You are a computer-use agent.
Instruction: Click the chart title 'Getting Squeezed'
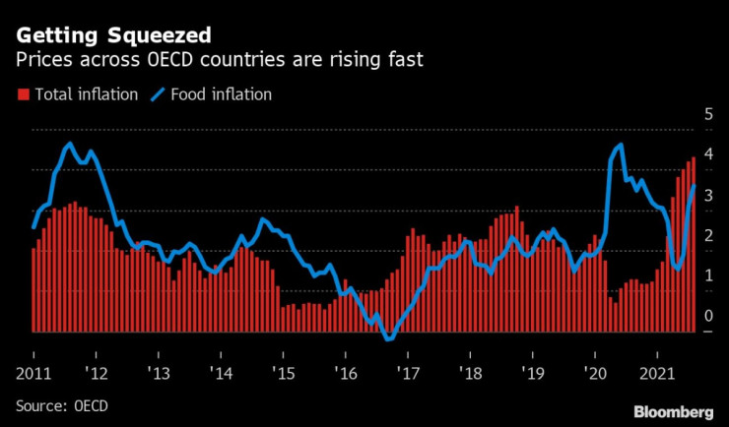pos(112,35)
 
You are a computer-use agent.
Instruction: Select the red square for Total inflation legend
pos(23,95)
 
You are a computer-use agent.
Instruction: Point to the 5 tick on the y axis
pos(707,115)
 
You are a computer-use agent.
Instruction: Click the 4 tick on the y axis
pos(707,155)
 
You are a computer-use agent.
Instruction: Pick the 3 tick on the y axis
pos(707,196)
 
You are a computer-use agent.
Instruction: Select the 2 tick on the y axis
pos(707,236)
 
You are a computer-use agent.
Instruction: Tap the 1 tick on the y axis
pos(707,276)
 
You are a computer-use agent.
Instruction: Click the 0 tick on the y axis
pos(707,317)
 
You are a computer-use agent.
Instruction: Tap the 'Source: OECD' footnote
pos(61,405)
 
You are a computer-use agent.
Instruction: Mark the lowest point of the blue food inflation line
pos(389,339)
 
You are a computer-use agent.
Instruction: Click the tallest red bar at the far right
pos(695,246)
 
